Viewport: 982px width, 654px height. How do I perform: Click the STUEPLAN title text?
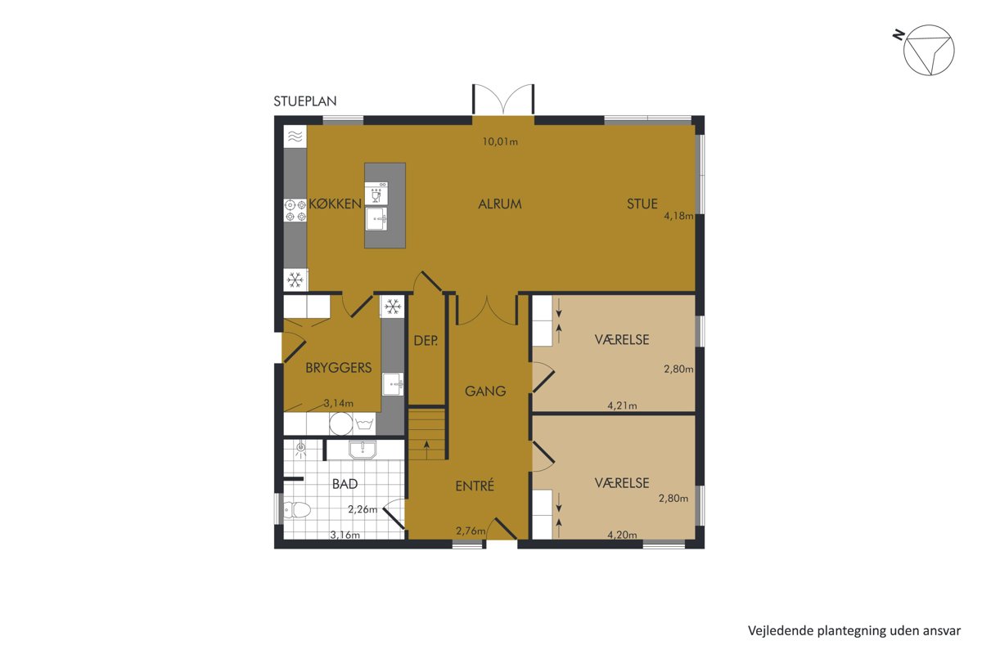(x=305, y=101)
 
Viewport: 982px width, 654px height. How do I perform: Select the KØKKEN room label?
(x=336, y=204)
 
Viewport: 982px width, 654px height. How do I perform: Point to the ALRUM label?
(x=500, y=204)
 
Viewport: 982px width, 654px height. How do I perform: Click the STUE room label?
(x=642, y=204)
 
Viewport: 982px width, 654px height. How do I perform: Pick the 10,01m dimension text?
(x=500, y=141)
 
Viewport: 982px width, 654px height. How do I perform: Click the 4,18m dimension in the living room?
(x=678, y=216)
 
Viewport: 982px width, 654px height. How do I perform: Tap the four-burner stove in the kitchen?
(x=295, y=210)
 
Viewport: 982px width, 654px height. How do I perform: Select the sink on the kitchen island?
(x=376, y=218)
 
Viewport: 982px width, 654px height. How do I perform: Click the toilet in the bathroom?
(x=297, y=510)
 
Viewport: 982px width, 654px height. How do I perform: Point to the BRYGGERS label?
(x=339, y=368)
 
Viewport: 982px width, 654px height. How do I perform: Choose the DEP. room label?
(x=426, y=341)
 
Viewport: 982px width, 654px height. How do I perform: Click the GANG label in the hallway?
(x=485, y=391)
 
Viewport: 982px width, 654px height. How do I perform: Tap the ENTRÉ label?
(x=475, y=486)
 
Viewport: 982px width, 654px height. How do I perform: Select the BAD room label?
(x=345, y=484)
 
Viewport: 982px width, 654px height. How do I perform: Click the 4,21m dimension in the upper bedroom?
(x=622, y=406)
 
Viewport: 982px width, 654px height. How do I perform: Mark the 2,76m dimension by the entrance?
(x=471, y=531)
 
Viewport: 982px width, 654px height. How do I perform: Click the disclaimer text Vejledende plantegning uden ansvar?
(x=854, y=631)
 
